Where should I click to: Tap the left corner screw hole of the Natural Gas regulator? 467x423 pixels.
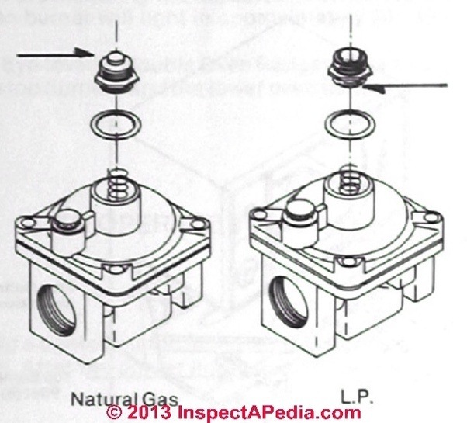(x=28, y=224)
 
